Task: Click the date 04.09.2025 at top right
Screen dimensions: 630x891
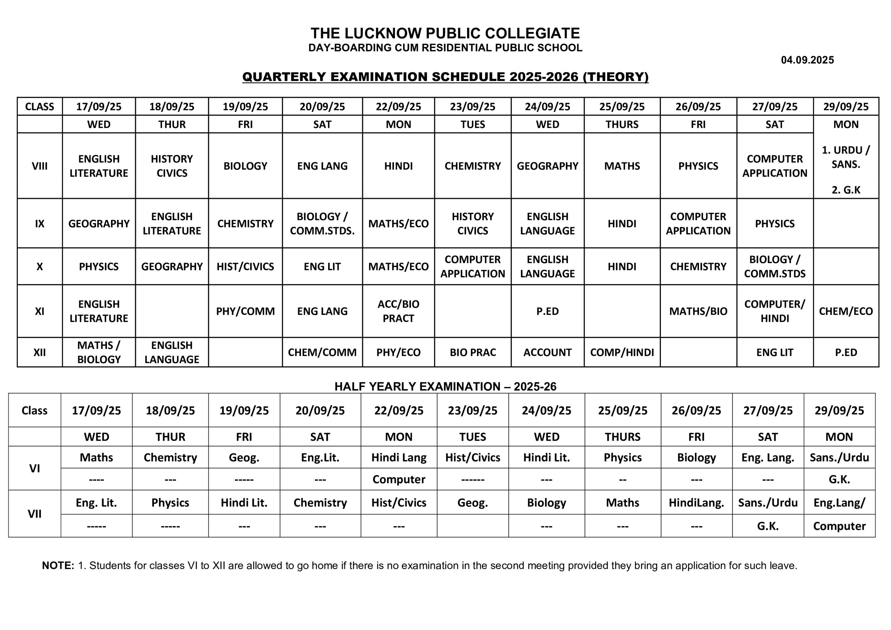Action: [x=807, y=60]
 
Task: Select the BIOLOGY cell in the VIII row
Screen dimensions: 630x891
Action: [x=245, y=166]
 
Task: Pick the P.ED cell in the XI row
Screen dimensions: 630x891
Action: [x=547, y=311]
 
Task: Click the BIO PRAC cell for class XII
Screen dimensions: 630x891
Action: [x=472, y=352]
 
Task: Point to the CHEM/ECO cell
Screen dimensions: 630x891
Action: [x=846, y=311]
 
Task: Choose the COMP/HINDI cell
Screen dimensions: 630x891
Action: [x=622, y=352]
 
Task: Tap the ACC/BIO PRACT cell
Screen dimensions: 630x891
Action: [x=398, y=311]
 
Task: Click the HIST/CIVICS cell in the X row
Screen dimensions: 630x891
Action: [x=245, y=266]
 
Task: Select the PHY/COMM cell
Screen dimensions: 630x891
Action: [x=245, y=311]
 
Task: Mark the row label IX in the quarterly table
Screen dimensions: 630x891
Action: [x=40, y=224]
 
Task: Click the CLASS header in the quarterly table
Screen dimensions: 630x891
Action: [x=40, y=107]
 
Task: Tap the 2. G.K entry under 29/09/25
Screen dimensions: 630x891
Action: [x=846, y=190]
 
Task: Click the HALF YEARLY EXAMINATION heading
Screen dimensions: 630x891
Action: [x=445, y=386]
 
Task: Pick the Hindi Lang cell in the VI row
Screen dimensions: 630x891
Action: [x=399, y=457]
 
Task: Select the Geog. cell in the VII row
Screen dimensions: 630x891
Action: [x=472, y=503]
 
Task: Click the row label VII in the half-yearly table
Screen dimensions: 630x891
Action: [x=34, y=514]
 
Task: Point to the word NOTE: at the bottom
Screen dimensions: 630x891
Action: [x=58, y=566]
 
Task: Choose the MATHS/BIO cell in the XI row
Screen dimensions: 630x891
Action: [x=698, y=311]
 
